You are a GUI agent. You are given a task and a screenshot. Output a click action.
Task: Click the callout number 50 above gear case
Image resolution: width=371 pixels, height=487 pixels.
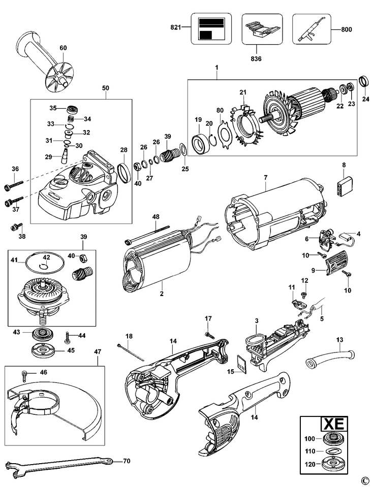[x=105, y=88]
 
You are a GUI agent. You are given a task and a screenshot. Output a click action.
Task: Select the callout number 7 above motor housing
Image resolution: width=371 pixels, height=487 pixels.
[x=265, y=178]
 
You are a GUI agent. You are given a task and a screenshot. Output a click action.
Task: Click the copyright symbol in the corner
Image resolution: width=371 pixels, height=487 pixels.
[x=363, y=480]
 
